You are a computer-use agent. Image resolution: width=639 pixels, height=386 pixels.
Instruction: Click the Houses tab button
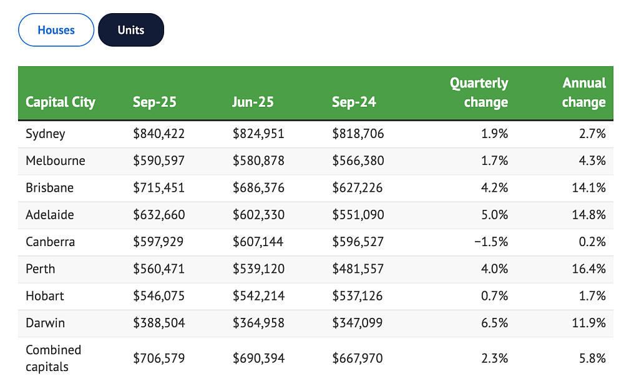tap(56, 30)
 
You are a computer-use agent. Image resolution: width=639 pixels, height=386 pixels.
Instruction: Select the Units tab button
tap(131, 30)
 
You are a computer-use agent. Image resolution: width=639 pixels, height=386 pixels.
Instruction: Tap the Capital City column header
tap(61, 102)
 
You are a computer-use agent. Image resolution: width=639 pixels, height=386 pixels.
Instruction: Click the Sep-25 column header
tap(155, 102)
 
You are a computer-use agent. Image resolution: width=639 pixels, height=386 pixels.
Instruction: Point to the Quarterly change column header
tap(479, 92)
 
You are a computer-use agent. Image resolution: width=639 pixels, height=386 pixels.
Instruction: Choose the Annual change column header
tap(584, 92)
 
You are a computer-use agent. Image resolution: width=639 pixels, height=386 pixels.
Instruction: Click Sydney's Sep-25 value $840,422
tap(159, 134)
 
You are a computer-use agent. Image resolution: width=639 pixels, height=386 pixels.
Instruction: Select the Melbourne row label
tap(56, 161)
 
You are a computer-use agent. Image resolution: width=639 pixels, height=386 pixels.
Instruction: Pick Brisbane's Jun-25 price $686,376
tap(258, 188)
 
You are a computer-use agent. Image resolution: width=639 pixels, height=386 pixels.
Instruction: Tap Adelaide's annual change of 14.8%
tap(589, 215)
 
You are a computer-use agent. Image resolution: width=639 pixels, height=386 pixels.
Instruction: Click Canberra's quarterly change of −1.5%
tap(491, 242)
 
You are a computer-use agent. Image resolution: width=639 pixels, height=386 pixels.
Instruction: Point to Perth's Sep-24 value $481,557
tap(358, 269)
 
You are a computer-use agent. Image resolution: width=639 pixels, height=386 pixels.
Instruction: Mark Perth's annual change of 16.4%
tap(589, 269)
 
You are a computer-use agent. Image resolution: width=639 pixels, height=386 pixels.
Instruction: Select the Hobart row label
tap(45, 296)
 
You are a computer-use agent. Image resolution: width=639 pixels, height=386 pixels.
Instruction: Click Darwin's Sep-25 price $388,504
tap(159, 323)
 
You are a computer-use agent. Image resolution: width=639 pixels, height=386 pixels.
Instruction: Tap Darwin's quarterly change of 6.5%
tap(494, 323)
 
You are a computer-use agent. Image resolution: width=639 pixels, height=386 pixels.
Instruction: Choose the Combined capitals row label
tap(54, 359)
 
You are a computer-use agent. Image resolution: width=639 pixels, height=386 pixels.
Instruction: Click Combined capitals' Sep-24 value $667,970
tap(358, 359)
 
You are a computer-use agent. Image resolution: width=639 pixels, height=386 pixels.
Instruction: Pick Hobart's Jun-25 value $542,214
tap(258, 296)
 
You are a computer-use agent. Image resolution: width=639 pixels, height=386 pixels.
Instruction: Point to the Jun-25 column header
tap(253, 102)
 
